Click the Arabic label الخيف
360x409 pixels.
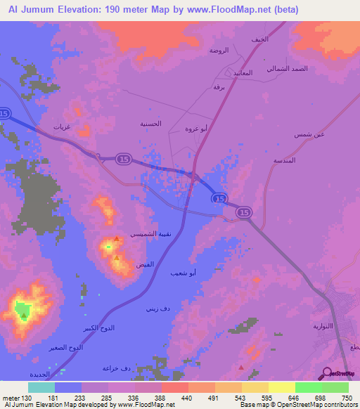click(259, 39)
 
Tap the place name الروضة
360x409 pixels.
click(219, 51)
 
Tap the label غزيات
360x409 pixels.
click(62, 127)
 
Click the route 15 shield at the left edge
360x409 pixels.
click(4, 113)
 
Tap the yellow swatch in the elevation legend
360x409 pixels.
click(281, 387)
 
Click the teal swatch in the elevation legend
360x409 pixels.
click(41, 387)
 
